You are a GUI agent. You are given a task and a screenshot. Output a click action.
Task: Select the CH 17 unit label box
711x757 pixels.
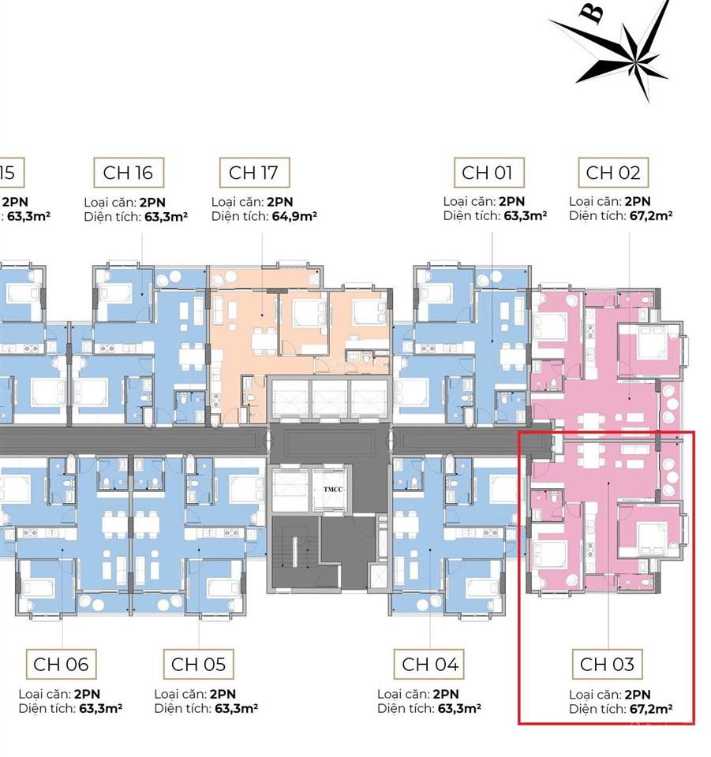254,172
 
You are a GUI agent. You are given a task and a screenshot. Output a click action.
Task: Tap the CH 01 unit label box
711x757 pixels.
487,172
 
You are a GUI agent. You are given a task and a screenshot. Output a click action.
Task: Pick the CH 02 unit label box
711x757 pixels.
613,172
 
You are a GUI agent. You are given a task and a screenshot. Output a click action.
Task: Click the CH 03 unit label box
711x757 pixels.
607,664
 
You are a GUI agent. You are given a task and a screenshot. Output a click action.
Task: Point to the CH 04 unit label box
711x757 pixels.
429,664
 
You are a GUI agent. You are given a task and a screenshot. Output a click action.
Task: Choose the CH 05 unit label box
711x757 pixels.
198,664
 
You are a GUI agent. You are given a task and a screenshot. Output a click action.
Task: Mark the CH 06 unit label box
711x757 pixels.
61,664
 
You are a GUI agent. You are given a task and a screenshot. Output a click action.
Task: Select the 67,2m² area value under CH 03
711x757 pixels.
650,709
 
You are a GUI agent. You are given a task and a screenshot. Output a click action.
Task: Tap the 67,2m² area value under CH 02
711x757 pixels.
650,215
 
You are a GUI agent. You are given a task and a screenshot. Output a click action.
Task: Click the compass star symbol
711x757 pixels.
631,51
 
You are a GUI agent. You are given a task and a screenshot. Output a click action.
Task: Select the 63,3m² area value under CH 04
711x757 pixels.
459,709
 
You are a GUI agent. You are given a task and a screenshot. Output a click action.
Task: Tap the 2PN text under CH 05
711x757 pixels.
223,695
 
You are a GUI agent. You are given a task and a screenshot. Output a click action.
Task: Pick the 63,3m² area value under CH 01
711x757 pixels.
525,215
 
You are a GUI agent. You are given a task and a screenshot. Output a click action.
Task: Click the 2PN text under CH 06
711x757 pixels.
87,695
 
